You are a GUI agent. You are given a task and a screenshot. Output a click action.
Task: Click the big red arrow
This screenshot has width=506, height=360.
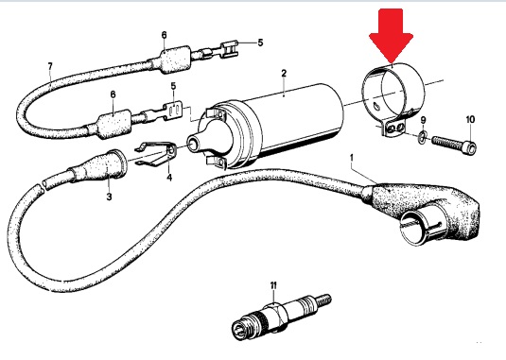(392, 36)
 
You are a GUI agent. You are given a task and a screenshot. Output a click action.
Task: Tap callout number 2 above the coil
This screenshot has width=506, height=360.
(284, 73)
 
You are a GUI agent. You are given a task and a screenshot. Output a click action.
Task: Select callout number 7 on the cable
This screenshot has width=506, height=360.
(50, 67)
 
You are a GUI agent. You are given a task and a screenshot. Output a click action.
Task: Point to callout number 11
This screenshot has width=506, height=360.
(273, 285)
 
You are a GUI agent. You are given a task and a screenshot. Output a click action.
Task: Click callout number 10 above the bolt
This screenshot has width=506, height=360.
(470, 120)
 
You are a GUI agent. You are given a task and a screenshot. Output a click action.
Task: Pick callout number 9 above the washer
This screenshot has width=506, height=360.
(423, 120)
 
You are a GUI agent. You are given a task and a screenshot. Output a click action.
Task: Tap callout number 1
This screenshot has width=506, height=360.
(352, 158)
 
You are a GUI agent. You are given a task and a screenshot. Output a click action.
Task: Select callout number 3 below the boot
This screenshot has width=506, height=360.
(109, 197)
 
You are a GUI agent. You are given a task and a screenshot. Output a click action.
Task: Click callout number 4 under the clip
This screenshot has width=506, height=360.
(169, 178)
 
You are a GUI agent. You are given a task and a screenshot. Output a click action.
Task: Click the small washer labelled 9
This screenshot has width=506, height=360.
(422, 137)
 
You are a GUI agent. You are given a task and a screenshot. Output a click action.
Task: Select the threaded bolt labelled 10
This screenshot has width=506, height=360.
(454, 144)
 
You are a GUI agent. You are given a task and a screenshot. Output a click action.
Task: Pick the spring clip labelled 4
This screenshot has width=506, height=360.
(155, 154)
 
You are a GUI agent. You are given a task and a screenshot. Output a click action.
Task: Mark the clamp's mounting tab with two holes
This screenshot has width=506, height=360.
(394, 128)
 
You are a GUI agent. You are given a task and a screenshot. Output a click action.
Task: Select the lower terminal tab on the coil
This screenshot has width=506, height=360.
(216, 162)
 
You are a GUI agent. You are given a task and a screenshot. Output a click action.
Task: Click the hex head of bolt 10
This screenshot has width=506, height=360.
(471, 147)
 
